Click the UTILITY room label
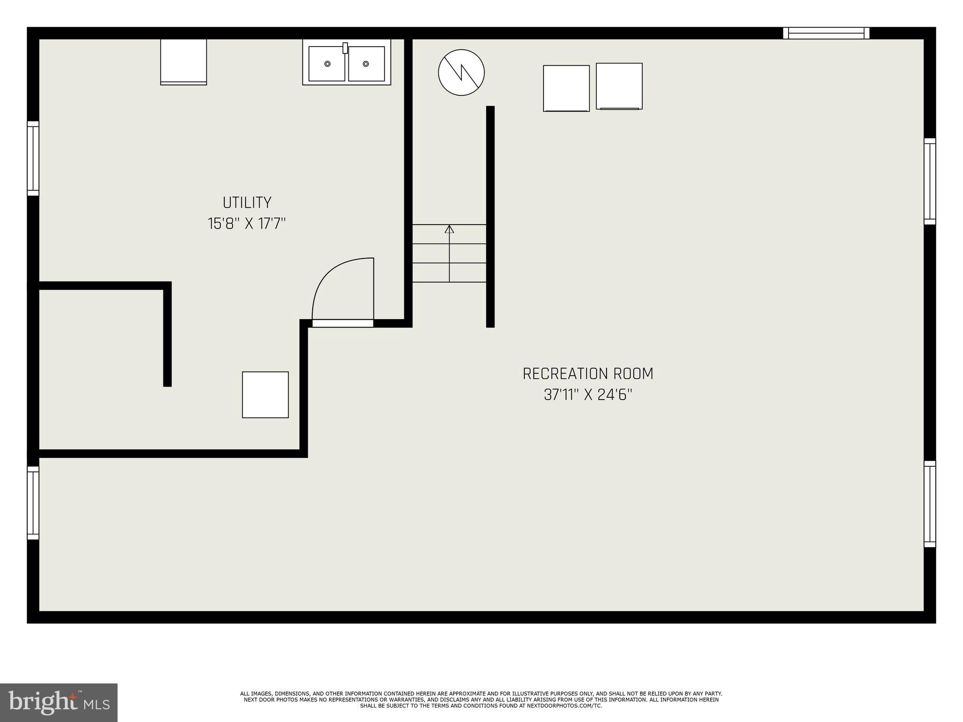[247, 203]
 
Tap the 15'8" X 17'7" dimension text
[247, 223]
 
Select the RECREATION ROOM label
[588, 374]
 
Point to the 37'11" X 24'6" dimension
[588, 395]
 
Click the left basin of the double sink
[327, 64]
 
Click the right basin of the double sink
[366, 64]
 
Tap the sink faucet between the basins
[345, 48]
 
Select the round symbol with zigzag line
[461, 72]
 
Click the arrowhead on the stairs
[450, 229]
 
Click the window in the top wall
[826, 33]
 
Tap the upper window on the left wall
[33, 158]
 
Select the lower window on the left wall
[33, 503]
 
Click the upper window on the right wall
[930, 181]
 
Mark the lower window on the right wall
[930, 504]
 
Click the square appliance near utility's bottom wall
[265, 395]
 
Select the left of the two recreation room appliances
[566, 88]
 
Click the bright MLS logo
[58, 702]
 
